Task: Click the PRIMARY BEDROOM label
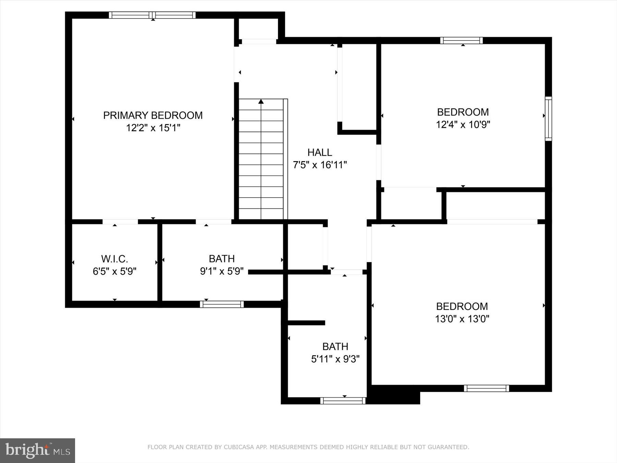(153, 115)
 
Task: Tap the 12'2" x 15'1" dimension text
(153, 128)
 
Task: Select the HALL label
(319, 152)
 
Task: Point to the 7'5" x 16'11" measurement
(319, 165)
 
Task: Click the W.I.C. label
(114, 259)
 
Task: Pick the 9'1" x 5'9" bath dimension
(222, 271)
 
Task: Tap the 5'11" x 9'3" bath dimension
(335, 359)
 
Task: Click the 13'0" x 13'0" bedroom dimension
(462, 319)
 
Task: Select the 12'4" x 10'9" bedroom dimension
(463, 124)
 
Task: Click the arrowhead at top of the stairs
(261, 101)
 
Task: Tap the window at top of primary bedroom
(152, 15)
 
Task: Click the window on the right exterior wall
(548, 119)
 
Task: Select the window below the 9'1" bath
(222, 304)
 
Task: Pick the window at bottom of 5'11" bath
(343, 401)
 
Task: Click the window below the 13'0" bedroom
(486, 388)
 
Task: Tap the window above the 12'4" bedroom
(461, 40)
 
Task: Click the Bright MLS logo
(37, 450)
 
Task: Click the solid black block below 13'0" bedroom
(394, 395)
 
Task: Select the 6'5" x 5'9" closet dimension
(114, 271)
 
